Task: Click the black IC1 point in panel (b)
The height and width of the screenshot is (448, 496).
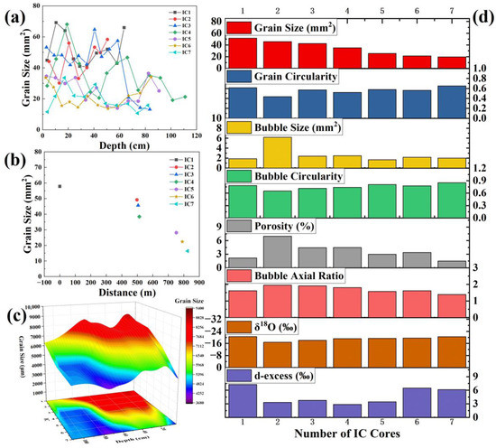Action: click(60, 186)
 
